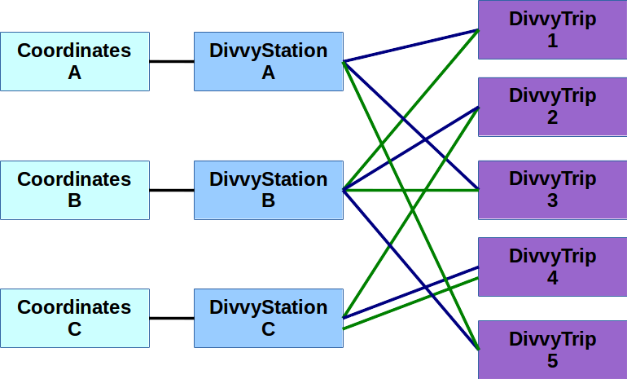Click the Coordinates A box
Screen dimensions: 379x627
[x=75, y=61]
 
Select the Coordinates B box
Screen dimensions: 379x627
[x=75, y=190]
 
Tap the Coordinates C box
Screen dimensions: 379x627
[x=75, y=318]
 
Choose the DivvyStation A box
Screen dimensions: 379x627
[x=268, y=61]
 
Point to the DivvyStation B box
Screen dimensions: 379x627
[x=268, y=190]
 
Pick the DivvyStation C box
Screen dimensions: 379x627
[x=268, y=318]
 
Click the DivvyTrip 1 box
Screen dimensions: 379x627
[x=552, y=29]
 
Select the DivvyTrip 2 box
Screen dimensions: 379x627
[x=552, y=106]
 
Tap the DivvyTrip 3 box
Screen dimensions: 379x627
[x=552, y=190]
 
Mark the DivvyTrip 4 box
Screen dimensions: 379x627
[x=552, y=267]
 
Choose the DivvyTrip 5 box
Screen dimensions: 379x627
[x=552, y=349]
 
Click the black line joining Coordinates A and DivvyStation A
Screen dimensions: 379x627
[x=172, y=61]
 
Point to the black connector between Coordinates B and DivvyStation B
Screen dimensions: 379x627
[x=172, y=190]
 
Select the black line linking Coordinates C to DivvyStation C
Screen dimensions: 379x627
[x=172, y=318]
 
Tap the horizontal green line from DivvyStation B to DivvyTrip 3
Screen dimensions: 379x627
[x=440, y=190]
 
